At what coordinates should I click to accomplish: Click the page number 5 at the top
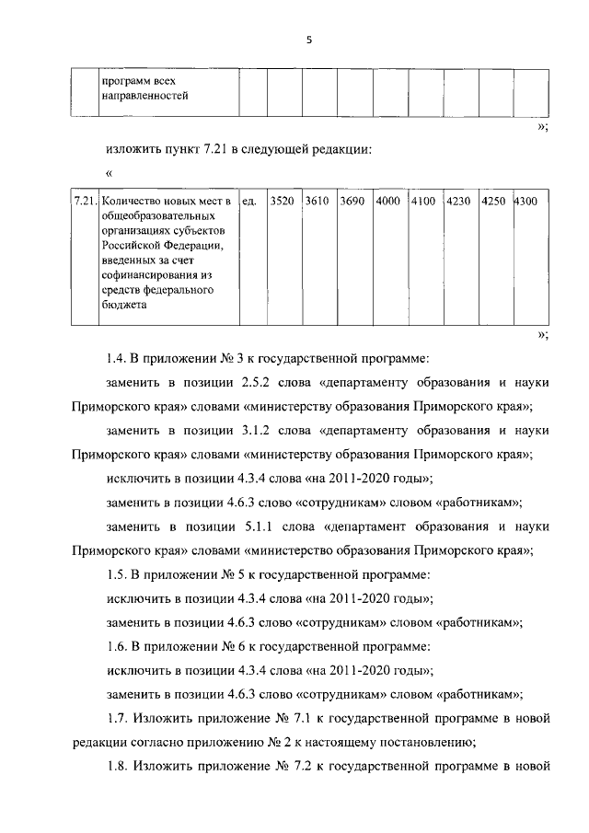point(310,40)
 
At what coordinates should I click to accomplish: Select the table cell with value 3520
point(283,201)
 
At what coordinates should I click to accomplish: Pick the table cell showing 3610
point(318,201)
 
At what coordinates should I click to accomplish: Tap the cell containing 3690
point(352,201)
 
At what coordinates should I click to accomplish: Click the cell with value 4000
point(388,201)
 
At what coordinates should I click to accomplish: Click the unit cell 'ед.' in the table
point(248,201)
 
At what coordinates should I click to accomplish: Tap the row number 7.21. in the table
point(85,201)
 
